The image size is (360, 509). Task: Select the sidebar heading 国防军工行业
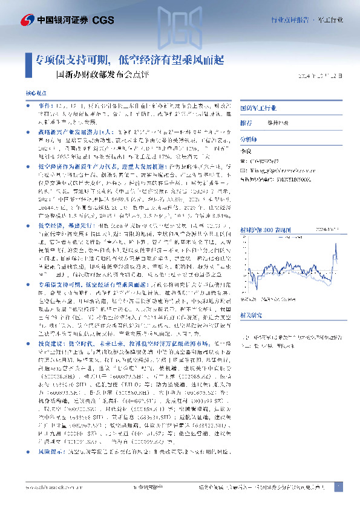[x=258, y=108]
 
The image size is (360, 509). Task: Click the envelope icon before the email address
[x=243, y=170]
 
